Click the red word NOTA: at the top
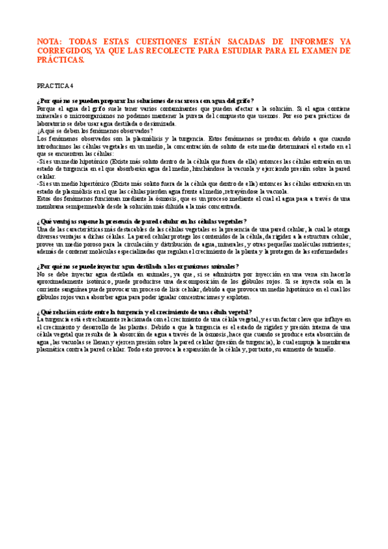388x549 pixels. pos(52,40)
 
